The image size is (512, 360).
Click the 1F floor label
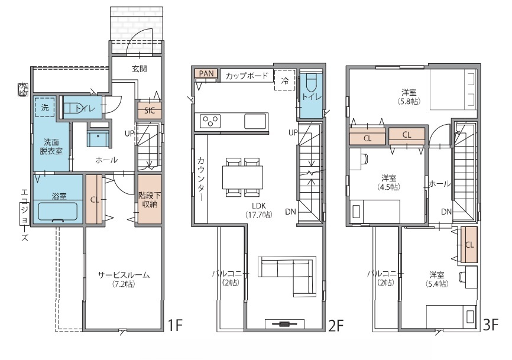(x=174, y=325)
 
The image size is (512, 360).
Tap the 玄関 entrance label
(x=140, y=69)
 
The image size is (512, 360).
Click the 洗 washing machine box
(x=45, y=108)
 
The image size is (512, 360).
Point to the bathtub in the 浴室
(x=57, y=212)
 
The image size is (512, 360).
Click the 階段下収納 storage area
(x=150, y=199)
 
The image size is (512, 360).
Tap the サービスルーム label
(x=124, y=275)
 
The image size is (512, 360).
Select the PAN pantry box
(x=206, y=73)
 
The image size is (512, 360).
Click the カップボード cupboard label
(x=247, y=76)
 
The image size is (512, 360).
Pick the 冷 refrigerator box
(x=285, y=80)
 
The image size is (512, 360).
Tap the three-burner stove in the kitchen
(x=210, y=121)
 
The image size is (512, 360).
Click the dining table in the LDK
(x=242, y=177)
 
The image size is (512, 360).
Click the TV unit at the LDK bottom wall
(x=284, y=324)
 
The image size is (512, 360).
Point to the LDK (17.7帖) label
(x=258, y=210)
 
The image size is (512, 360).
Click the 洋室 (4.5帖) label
(x=388, y=183)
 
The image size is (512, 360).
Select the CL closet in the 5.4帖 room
(x=469, y=245)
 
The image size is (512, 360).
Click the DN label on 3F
(x=446, y=212)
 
